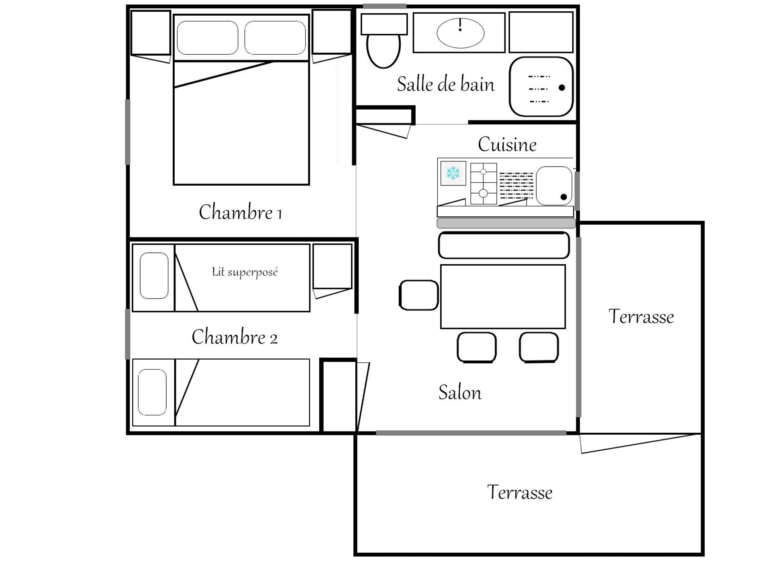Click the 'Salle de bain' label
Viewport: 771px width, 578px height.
point(446,84)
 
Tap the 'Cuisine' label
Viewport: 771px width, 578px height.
point(507,144)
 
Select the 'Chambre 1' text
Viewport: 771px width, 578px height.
point(240,212)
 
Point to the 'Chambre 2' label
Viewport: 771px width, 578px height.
point(235,337)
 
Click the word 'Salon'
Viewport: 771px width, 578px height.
point(460,392)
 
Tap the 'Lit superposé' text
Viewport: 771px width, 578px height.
point(245,273)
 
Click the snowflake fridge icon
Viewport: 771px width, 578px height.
point(453,173)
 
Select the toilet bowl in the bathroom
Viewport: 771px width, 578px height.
point(383,51)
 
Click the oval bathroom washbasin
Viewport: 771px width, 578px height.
point(460,33)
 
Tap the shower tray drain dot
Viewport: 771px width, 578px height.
point(562,88)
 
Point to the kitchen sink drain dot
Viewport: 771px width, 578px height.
point(563,197)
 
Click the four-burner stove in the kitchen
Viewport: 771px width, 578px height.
point(483,183)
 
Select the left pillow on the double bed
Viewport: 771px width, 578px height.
point(208,38)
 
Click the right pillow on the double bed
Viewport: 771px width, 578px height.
point(275,38)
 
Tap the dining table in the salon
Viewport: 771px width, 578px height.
point(503,297)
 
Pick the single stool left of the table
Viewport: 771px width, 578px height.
point(418,295)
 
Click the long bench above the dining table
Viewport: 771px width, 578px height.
point(504,245)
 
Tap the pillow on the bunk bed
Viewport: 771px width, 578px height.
point(154,276)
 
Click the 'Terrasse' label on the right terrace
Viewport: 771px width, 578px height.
point(641,316)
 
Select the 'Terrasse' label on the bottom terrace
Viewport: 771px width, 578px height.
point(520,492)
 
